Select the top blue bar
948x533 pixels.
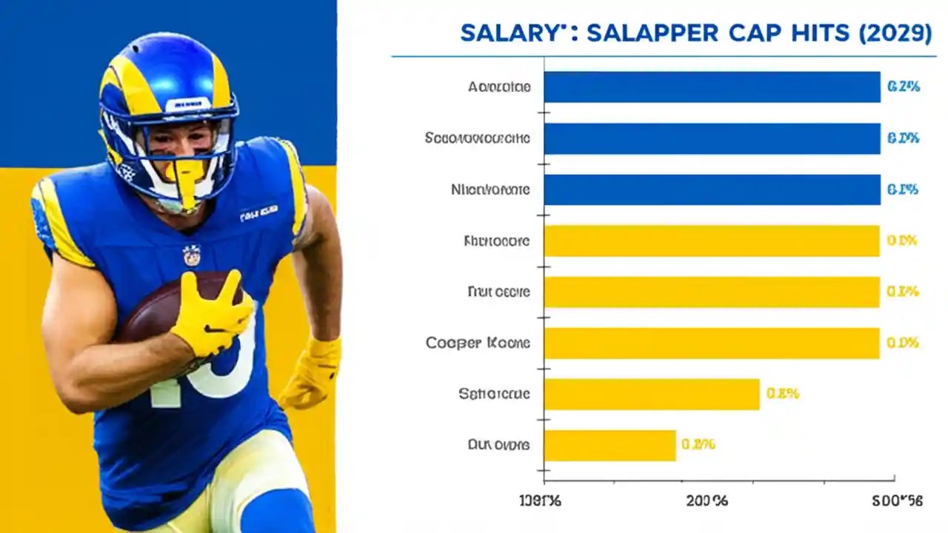coord(712,87)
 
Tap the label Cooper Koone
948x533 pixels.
coord(478,343)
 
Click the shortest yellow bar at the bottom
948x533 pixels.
coord(610,445)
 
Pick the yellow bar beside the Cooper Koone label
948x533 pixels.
coord(712,343)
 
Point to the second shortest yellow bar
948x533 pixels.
coord(652,394)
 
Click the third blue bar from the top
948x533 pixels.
coord(712,190)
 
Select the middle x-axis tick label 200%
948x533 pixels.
coord(707,501)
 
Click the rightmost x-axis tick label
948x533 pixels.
coord(898,501)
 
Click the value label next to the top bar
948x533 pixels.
coord(903,87)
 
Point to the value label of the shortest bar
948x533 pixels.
coord(698,445)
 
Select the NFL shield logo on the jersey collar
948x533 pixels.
coord(192,255)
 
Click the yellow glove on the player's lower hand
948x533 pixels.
coord(311,374)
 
